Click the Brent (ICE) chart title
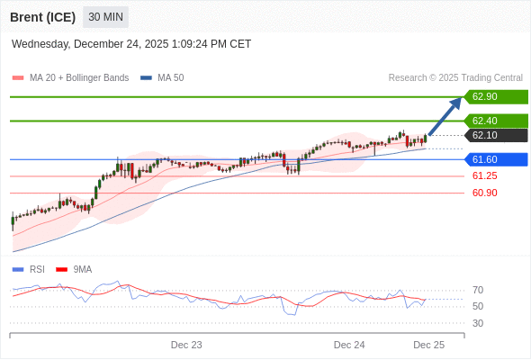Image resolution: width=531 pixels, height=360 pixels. [x=42, y=17]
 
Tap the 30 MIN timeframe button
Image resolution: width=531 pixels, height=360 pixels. [x=106, y=17]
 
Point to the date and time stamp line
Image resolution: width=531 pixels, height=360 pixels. [x=131, y=44]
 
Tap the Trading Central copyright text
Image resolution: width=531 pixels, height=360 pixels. [x=455, y=78]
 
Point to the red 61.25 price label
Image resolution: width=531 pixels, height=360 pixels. [x=484, y=176]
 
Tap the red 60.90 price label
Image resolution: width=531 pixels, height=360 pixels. [x=484, y=193]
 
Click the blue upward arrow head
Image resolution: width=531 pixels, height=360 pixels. [x=456, y=102]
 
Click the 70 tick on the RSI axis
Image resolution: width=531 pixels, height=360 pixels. [x=478, y=290]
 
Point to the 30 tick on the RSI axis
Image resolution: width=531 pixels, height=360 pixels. [x=478, y=323]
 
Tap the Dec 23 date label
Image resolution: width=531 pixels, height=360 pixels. [x=186, y=345]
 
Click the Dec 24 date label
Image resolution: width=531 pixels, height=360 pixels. [x=349, y=345]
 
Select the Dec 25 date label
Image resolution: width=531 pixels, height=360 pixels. [x=428, y=345]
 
